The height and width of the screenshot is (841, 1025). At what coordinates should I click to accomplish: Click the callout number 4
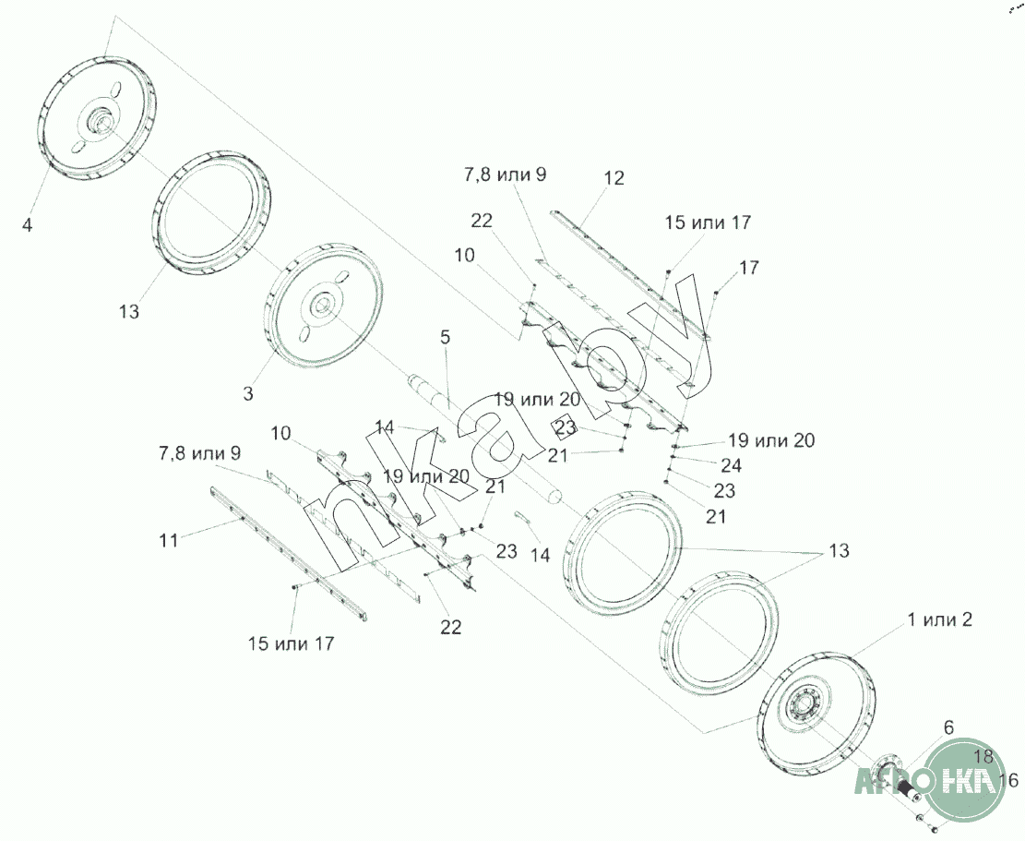click(x=27, y=225)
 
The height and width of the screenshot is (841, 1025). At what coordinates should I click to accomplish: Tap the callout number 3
click(x=248, y=393)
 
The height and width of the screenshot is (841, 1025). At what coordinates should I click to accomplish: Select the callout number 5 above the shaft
click(x=446, y=338)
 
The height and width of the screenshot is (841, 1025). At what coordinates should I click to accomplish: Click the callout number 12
click(x=614, y=178)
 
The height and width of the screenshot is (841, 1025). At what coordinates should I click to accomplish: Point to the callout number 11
click(x=169, y=541)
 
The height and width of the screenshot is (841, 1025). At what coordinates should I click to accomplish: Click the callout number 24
click(x=731, y=465)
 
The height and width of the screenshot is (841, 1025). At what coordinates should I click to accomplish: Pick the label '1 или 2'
click(x=939, y=619)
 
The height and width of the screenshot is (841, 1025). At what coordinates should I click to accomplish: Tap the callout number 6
click(x=948, y=727)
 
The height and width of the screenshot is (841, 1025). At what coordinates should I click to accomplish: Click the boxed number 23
click(x=566, y=427)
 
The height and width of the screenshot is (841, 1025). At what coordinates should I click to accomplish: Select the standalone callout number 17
click(x=749, y=268)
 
